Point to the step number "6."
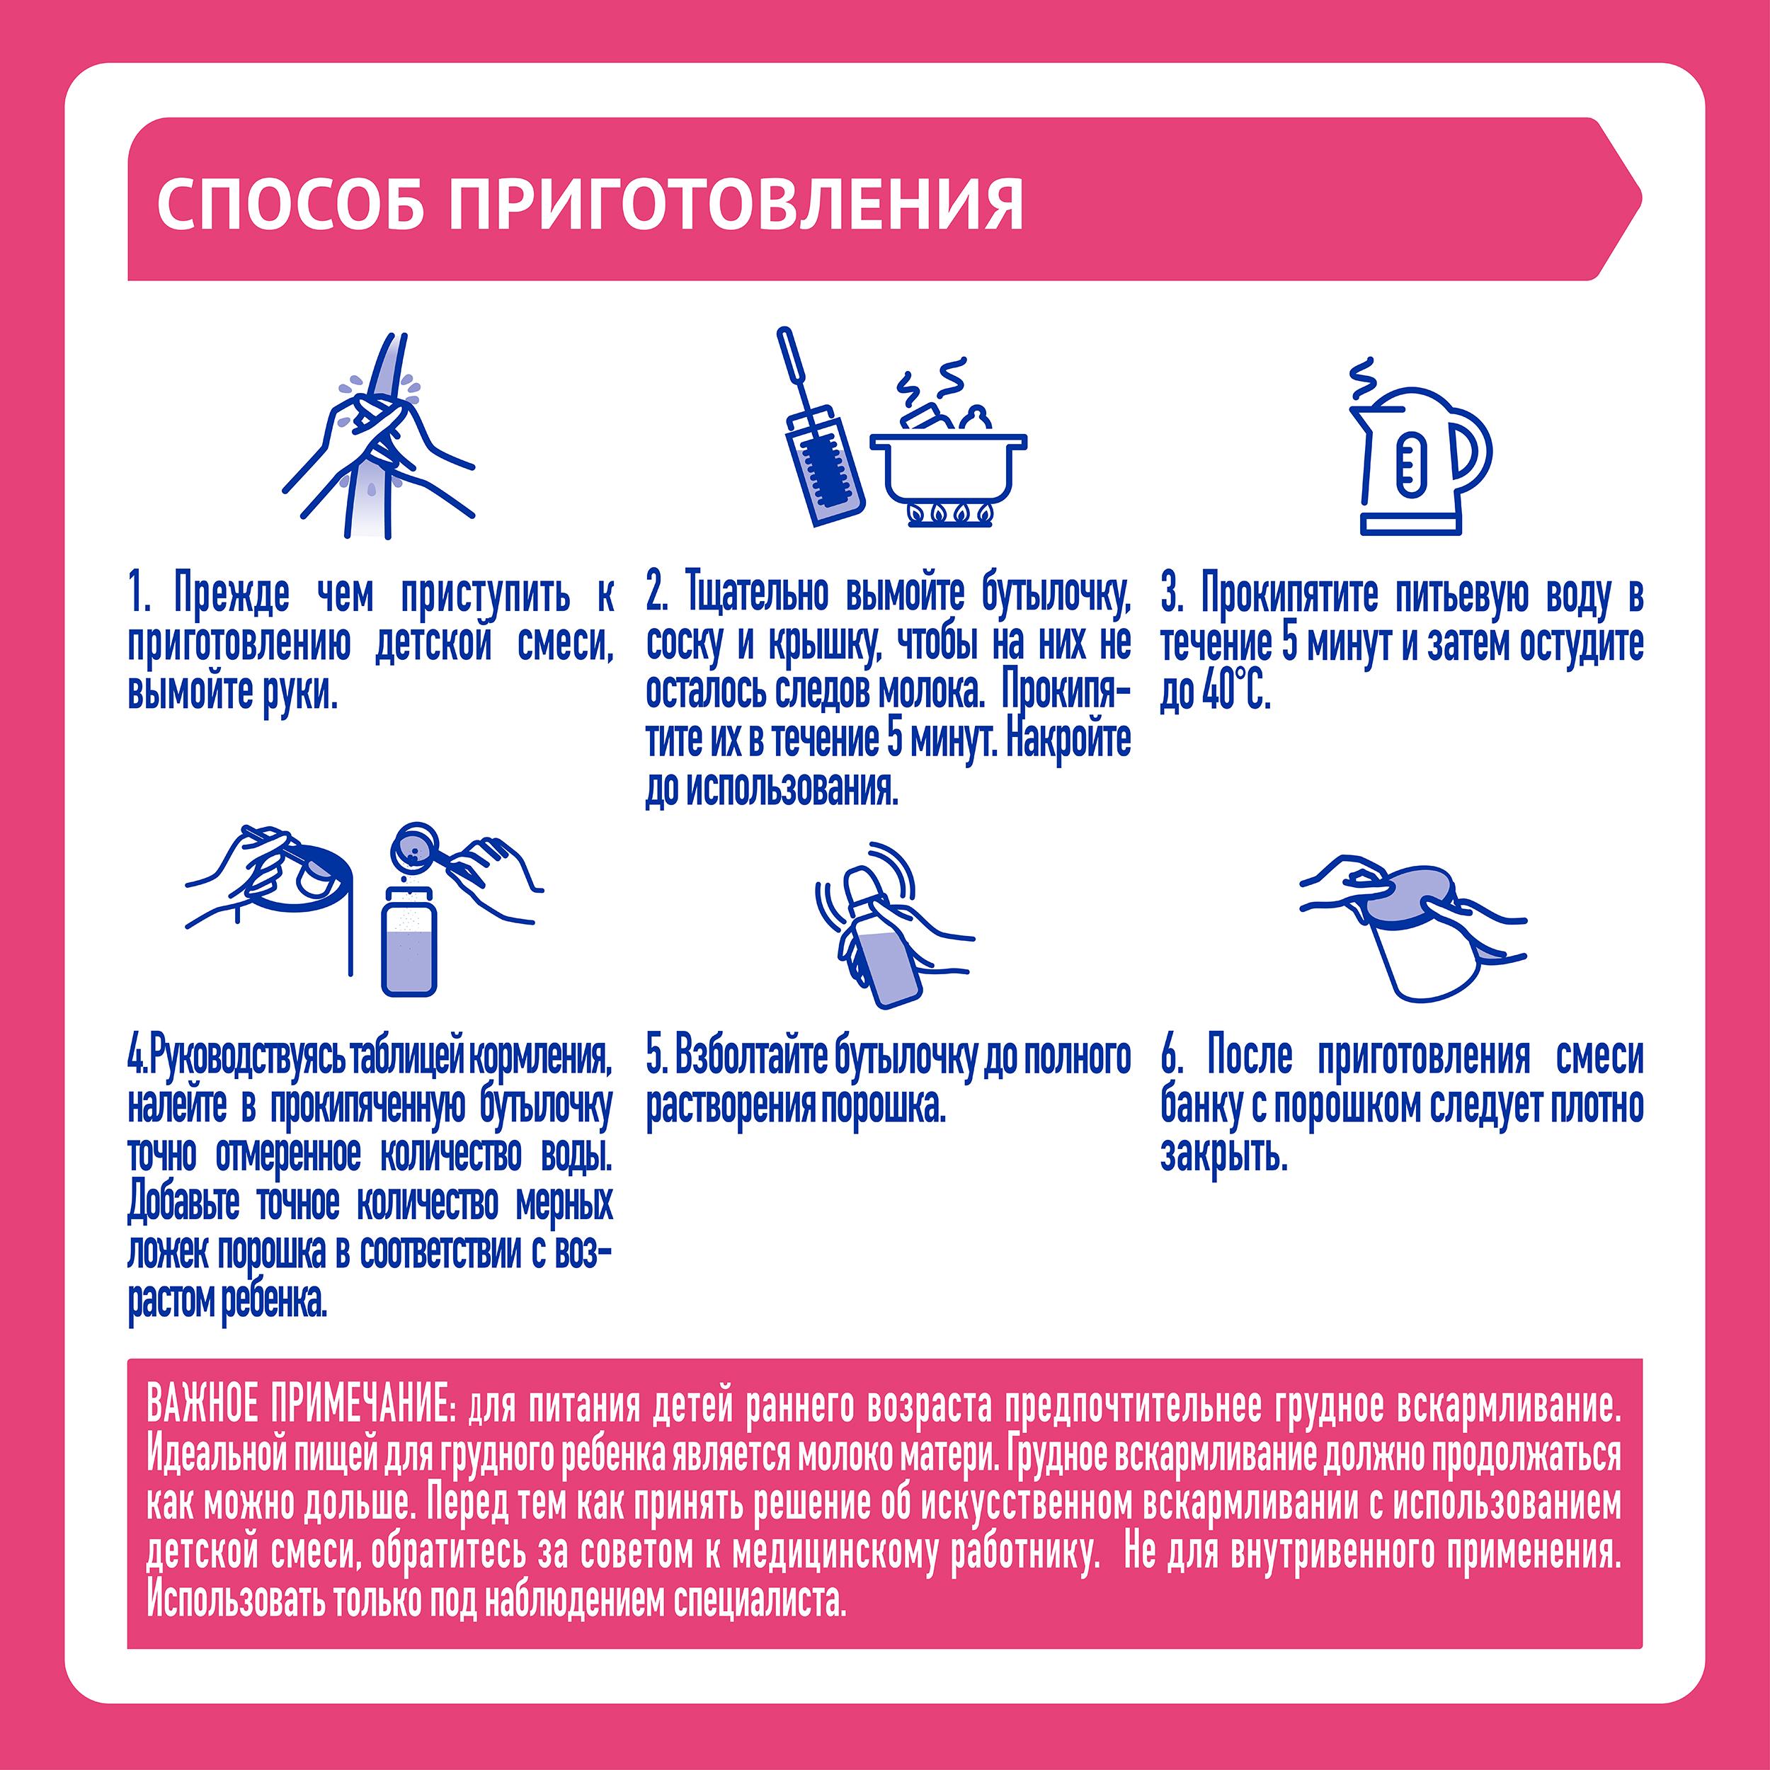[x=1172, y=1057]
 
